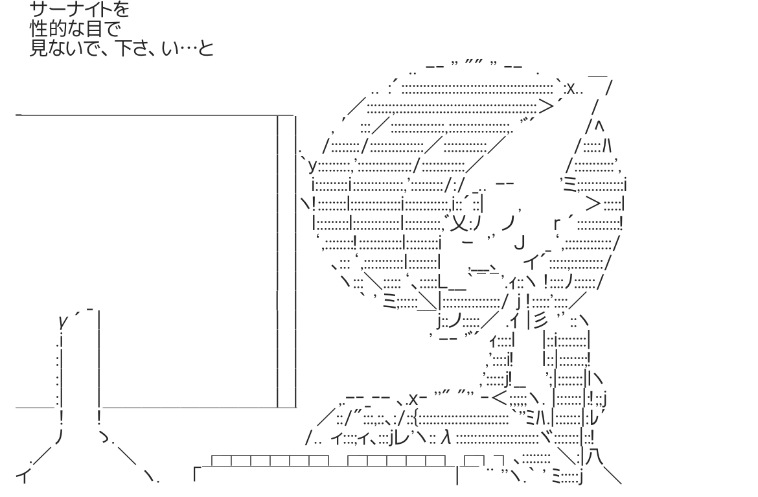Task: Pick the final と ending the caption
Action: (206, 48)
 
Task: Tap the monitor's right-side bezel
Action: (286, 259)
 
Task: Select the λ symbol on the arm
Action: (445, 439)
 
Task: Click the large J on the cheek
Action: (518, 244)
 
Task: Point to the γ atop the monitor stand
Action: (63, 320)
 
